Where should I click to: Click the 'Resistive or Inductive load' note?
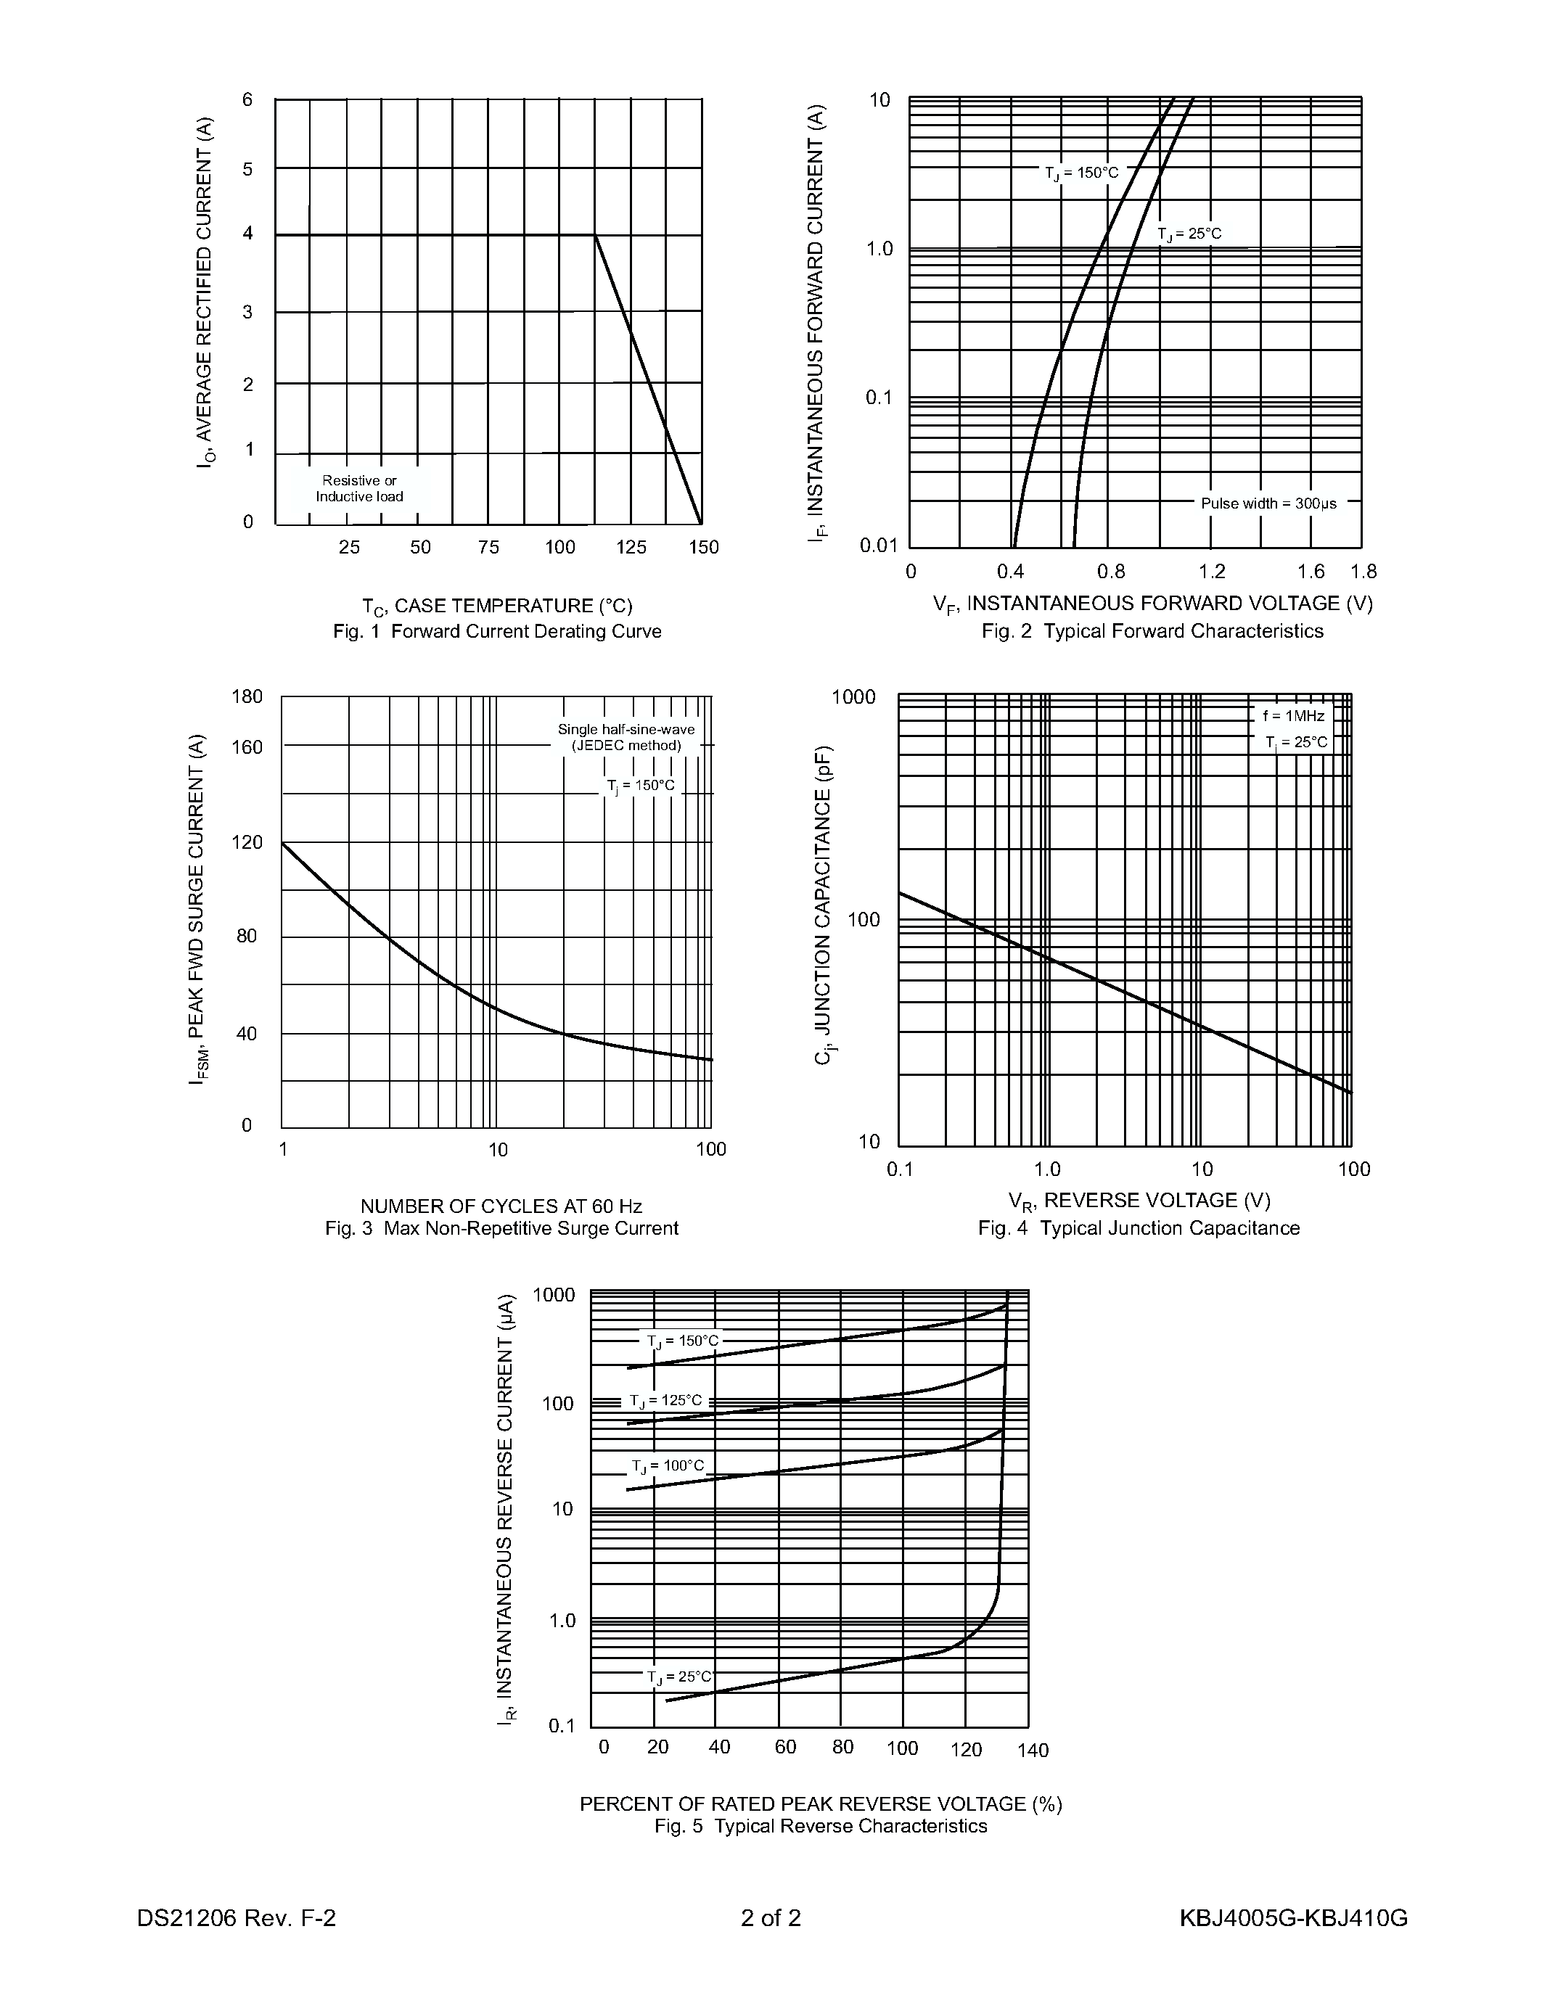coord(359,489)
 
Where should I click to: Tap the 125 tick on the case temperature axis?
coord(631,547)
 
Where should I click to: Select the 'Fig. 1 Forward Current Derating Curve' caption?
coord(497,631)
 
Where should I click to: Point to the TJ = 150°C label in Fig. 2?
coord(1082,173)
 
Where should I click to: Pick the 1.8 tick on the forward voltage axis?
coord(1363,572)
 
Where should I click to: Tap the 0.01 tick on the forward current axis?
coord(879,546)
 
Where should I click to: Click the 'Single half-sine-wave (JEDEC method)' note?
coord(627,737)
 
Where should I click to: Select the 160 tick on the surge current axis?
coord(247,747)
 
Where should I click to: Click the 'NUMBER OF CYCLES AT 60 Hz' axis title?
coord(501,1206)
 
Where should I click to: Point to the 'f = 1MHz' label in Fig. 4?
coord(1294,716)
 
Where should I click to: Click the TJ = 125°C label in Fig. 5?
coord(666,1400)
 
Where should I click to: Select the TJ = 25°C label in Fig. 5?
coord(678,1677)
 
